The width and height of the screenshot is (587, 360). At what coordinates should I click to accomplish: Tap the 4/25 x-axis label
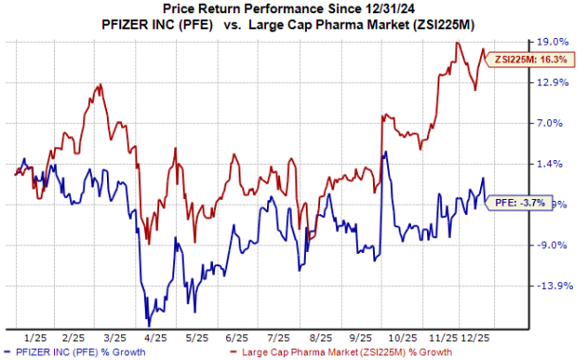[x=154, y=337]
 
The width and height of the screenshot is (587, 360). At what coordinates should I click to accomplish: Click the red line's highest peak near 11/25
[x=458, y=43]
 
